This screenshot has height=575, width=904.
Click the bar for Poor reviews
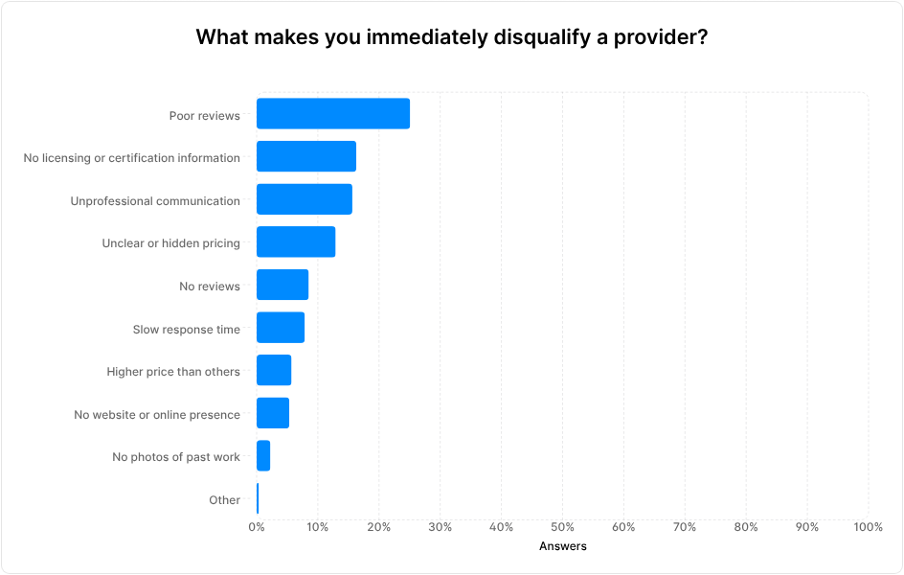click(332, 114)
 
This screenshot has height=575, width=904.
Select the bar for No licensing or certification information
click(305, 157)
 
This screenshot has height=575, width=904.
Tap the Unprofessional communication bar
click(304, 199)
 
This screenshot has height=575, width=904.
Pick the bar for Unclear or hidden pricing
click(295, 242)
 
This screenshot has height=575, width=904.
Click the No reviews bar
click(282, 286)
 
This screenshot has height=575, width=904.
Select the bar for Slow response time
click(280, 328)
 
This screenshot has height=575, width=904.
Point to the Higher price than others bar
click(273, 371)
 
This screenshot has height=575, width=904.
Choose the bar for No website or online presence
click(272, 413)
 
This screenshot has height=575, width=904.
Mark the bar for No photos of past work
click(263, 456)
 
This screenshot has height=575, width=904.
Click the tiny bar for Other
click(258, 499)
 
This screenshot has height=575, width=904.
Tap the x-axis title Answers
click(562, 546)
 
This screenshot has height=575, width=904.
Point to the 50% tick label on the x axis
click(562, 527)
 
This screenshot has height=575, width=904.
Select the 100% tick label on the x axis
click(867, 527)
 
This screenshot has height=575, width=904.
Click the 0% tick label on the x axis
click(257, 527)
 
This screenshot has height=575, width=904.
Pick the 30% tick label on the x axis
click(440, 527)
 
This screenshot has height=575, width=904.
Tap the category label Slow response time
click(186, 329)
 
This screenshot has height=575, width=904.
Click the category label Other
click(224, 500)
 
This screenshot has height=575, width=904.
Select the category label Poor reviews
click(204, 115)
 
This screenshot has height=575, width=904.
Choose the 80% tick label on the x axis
click(746, 527)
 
